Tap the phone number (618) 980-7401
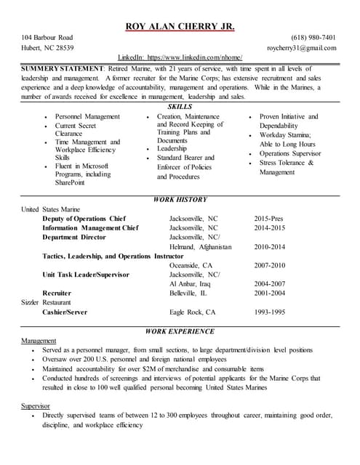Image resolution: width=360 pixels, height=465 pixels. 313,38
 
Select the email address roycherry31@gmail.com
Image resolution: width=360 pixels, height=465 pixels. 301,48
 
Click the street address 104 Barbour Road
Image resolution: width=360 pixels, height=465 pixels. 47,38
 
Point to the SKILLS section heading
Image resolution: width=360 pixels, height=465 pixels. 180,106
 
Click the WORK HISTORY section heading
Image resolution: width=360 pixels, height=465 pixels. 180,199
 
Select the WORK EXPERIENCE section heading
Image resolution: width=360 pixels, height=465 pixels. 180,331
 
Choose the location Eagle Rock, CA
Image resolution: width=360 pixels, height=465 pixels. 192,312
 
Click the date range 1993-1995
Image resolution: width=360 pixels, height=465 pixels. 269,312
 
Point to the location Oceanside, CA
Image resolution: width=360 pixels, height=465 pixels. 191,265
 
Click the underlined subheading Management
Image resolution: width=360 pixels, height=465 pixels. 39,340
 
